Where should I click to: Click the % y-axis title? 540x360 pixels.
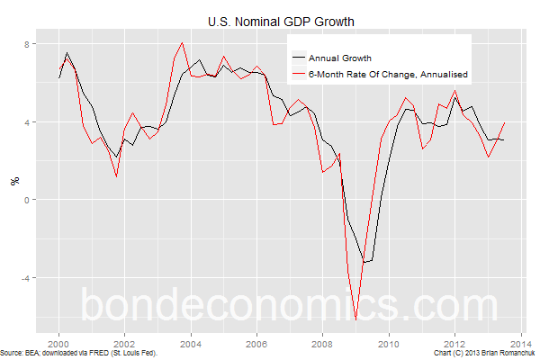[14, 181]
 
